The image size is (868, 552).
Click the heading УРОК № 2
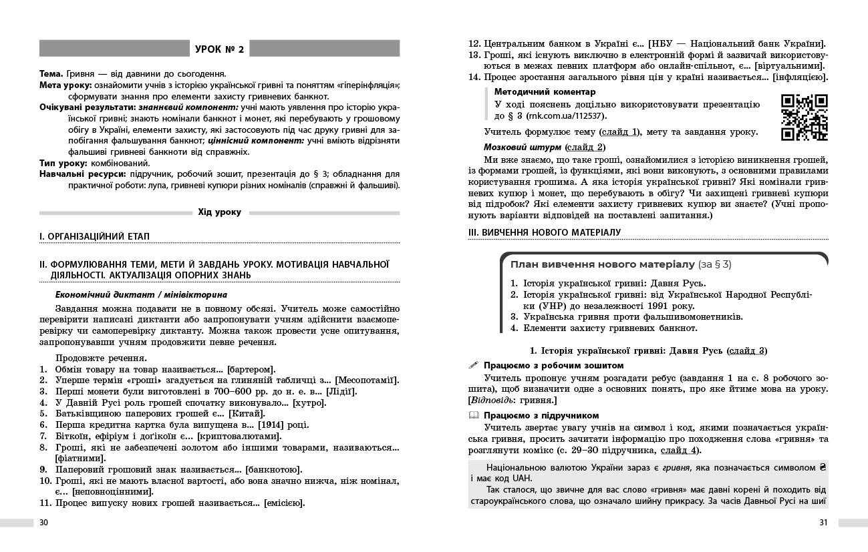click(x=220, y=49)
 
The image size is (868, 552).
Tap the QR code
click(x=804, y=118)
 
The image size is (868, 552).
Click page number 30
click(x=44, y=522)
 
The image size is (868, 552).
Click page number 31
click(x=823, y=522)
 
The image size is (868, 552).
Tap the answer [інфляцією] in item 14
click(x=800, y=77)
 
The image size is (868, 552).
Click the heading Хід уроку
click(x=220, y=212)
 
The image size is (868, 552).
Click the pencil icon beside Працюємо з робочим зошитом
click(x=474, y=365)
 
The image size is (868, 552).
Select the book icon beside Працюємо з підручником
click(x=474, y=415)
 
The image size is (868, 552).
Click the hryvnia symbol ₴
click(x=823, y=467)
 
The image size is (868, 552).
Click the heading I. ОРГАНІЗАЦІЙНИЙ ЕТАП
click(x=95, y=236)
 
